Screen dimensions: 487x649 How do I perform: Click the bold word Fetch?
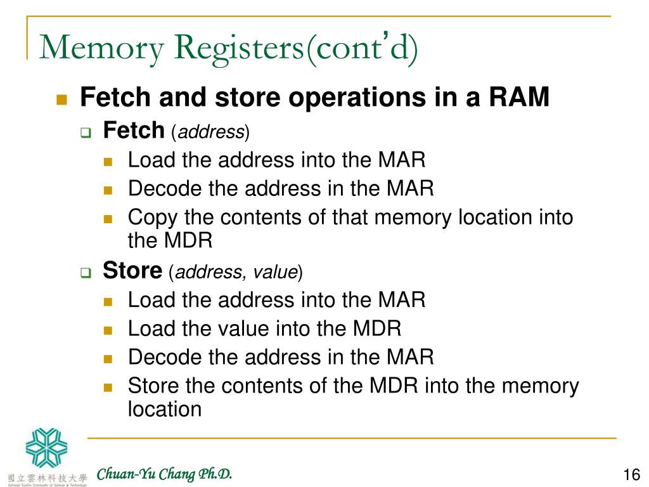pos(133,131)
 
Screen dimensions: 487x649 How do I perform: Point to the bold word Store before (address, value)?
pos(132,271)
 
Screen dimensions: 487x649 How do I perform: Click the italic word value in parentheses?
pos(275,273)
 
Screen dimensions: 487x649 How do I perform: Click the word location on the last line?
pos(165,409)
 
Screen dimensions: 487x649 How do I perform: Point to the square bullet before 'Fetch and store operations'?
pos(61,100)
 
